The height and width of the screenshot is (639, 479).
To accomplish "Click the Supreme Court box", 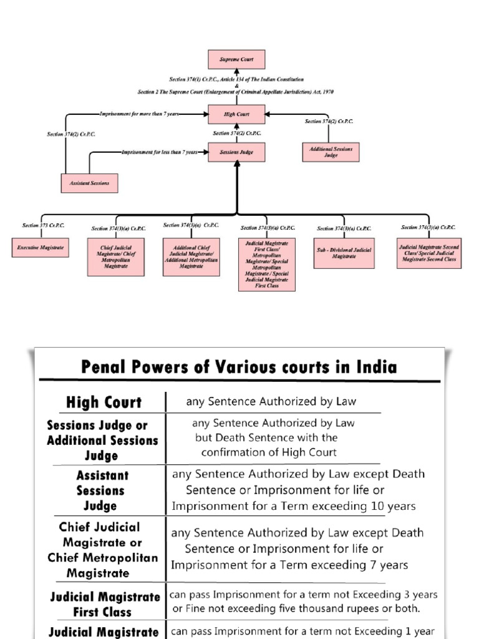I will tap(236, 59).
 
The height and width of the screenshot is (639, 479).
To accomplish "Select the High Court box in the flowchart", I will tap(236, 114).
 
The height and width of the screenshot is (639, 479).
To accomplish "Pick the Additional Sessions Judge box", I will tap(331, 152).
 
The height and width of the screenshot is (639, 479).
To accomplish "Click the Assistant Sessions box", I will tap(89, 183).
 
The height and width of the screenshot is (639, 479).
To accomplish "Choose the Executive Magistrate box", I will tap(41, 248).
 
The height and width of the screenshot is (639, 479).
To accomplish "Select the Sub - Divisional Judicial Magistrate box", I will tap(344, 253).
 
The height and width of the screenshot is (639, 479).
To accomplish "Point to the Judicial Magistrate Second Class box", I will tap(428, 253).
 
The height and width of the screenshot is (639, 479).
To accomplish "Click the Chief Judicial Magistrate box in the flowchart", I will tap(115, 256).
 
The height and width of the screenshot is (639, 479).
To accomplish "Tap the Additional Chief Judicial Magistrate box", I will tap(191, 256).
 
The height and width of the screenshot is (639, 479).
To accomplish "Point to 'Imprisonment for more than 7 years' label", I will tap(140, 114).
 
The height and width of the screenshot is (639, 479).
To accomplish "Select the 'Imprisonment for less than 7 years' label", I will tap(160, 152).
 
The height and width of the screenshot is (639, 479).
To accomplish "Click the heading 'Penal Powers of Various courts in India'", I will tap(239, 366).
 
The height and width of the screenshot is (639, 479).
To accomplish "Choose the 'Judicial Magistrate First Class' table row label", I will tap(105, 604).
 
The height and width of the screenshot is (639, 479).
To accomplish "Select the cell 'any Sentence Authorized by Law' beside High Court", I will tap(271, 402).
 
